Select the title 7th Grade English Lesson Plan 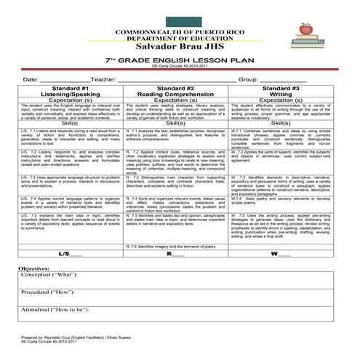(180, 59)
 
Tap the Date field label (31, 78)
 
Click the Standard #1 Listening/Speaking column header (71, 90)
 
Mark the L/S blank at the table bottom (71, 255)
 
